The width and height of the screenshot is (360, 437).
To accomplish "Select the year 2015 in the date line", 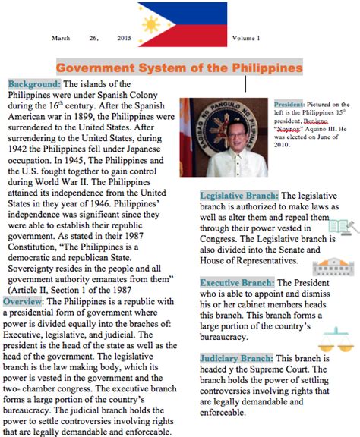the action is pos(125,37).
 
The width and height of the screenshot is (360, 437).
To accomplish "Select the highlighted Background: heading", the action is pos(34,84).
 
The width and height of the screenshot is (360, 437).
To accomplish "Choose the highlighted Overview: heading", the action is pos(27,302).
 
